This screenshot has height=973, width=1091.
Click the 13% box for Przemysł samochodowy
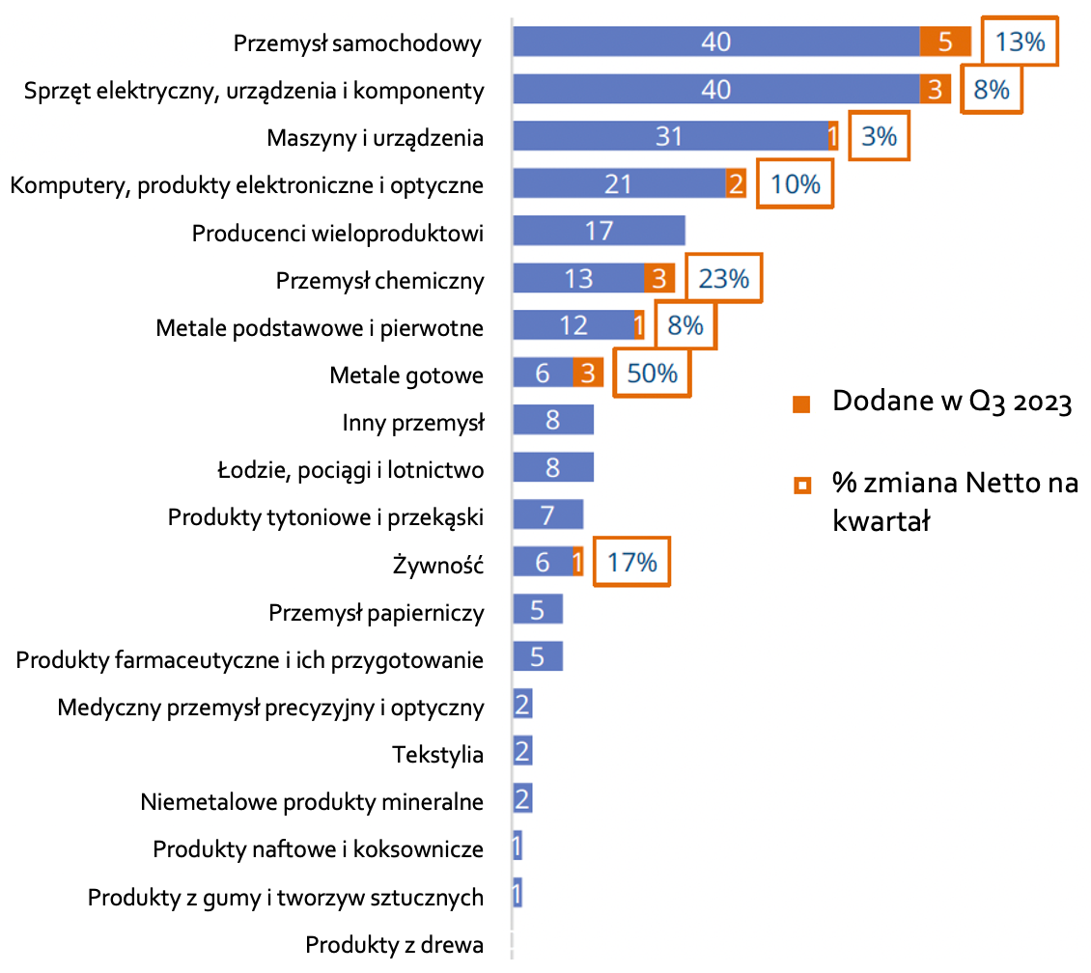point(1020,42)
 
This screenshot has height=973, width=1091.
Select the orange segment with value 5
point(945,42)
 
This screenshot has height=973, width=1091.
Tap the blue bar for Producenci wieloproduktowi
point(599,231)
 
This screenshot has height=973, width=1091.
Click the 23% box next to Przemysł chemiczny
point(723,279)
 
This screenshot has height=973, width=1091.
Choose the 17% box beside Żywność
point(631,562)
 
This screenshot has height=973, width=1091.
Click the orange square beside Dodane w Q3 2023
point(800,403)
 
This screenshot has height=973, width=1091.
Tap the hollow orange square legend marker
point(800,484)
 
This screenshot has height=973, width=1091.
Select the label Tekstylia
point(437,754)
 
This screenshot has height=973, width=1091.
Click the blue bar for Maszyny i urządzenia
point(669,137)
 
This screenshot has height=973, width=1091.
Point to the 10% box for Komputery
point(796,183)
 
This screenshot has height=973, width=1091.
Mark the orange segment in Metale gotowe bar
point(587,373)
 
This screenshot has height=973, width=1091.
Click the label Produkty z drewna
point(394,945)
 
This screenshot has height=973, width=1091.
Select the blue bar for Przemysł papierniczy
point(538,610)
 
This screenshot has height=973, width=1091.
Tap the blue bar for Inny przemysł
point(553,421)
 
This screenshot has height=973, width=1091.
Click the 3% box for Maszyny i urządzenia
point(879,137)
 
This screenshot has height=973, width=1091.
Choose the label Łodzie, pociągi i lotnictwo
point(350,471)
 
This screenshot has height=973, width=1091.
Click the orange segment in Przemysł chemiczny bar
point(658,279)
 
